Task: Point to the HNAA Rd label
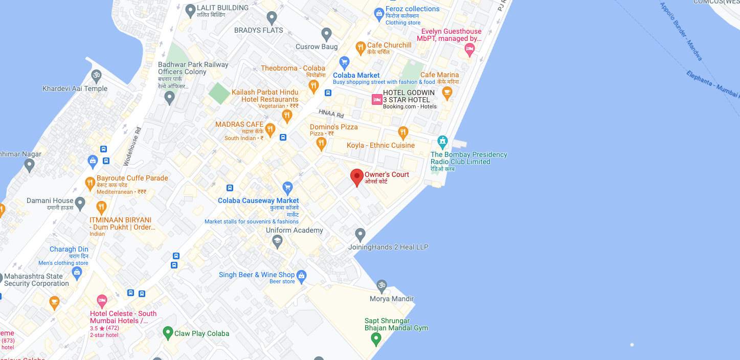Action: click(331, 114)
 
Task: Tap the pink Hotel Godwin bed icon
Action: click(377, 99)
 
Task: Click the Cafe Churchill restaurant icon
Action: click(361, 48)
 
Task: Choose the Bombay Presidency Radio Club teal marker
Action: click(442, 141)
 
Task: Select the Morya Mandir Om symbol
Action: click(381, 285)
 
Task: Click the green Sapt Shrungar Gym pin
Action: click(376, 338)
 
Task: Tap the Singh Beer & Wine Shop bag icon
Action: click(301, 276)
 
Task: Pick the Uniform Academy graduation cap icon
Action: click(278, 241)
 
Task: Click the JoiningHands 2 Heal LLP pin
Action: click(361, 235)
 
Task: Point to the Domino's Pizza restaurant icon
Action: click(321, 143)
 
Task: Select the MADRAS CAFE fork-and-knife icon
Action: click(287, 116)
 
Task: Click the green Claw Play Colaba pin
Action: click(167, 333)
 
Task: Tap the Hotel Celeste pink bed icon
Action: click(102, 300)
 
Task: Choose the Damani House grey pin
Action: click(80, 204)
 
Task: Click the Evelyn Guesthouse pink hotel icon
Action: click(469, 49)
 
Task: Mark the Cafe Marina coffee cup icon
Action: click(447, 93)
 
